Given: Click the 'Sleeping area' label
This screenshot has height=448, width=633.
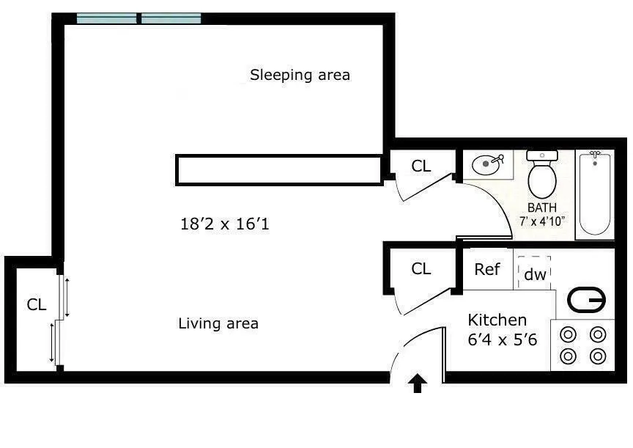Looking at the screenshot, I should point(300,75).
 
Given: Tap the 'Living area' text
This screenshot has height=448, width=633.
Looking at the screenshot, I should point(218,323).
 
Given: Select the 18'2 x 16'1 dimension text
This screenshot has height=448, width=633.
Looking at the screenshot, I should point(225,224).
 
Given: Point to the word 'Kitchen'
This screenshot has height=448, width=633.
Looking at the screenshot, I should point(497,320).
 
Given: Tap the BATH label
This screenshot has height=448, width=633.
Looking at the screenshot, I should point(542,208).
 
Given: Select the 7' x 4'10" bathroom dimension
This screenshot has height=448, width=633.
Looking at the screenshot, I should point(542,221).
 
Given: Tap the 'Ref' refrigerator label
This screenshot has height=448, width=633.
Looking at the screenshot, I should point(487,269).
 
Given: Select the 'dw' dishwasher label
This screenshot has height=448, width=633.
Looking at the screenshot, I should point(535,275).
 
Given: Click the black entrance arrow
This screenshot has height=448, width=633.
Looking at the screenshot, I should point(418,383).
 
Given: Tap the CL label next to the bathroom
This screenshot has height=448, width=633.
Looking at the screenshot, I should point(421,166).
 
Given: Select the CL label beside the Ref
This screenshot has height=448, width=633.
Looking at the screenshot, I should point(421,269).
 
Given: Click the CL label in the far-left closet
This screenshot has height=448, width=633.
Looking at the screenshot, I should point(37,305).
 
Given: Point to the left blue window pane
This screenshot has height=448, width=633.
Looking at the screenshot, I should point(108,18).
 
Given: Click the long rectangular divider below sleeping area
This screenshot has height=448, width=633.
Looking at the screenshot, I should point(278,170).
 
